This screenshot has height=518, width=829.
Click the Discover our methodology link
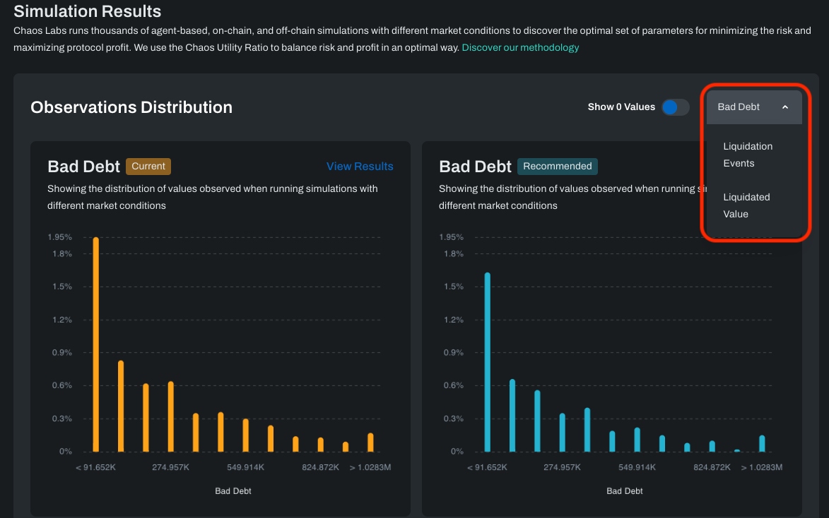[x=520, y=47]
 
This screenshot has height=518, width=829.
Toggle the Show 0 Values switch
[x=675, y=107]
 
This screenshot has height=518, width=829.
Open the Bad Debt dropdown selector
[x=753, y=107]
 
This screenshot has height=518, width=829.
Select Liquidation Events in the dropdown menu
[x=748, y=155]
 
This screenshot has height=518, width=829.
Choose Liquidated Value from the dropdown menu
[x=746, y=205]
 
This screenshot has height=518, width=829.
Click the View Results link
[x=360, y=167]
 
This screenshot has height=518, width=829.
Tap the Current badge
[x=148, y=167]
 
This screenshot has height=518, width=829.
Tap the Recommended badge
[x=557, y=167]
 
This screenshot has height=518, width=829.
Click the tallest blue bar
[x=488, y=361]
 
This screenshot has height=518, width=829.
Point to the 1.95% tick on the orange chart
[x=59, y=237]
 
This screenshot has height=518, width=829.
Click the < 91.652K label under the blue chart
[x=488, y=467]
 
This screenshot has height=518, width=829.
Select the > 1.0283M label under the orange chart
[x=370, y=467]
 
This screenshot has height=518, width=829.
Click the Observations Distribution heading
[x=131, y=107]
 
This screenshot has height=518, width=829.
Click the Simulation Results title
[x=88, y=11]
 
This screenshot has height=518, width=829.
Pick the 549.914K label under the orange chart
[x=245, y=467]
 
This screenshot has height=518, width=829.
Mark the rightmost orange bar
[x=370, y=442]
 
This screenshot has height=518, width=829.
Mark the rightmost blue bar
[x=762, y=443]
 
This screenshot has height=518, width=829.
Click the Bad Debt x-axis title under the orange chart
[x=233, y=491]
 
